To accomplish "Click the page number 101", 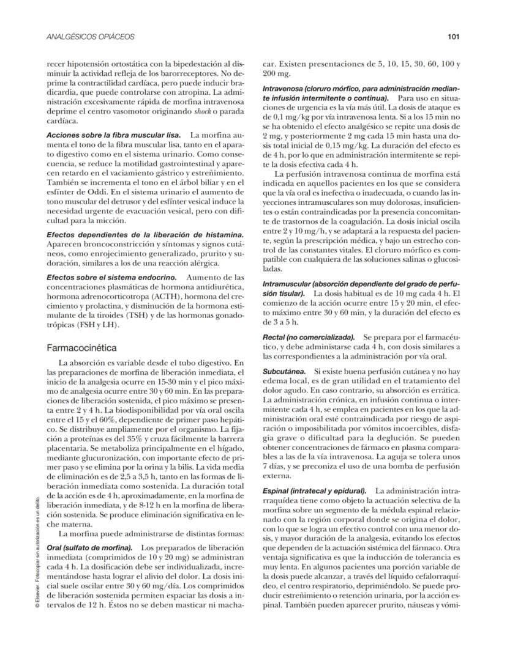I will click(x=453, y=37).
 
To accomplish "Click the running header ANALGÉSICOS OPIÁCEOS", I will click(x=90, y=37).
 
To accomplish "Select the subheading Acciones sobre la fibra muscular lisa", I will click(x=113, y=134).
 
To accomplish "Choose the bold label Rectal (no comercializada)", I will click(x=309, y=338).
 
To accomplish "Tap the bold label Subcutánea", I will click(x=284, y=371).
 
